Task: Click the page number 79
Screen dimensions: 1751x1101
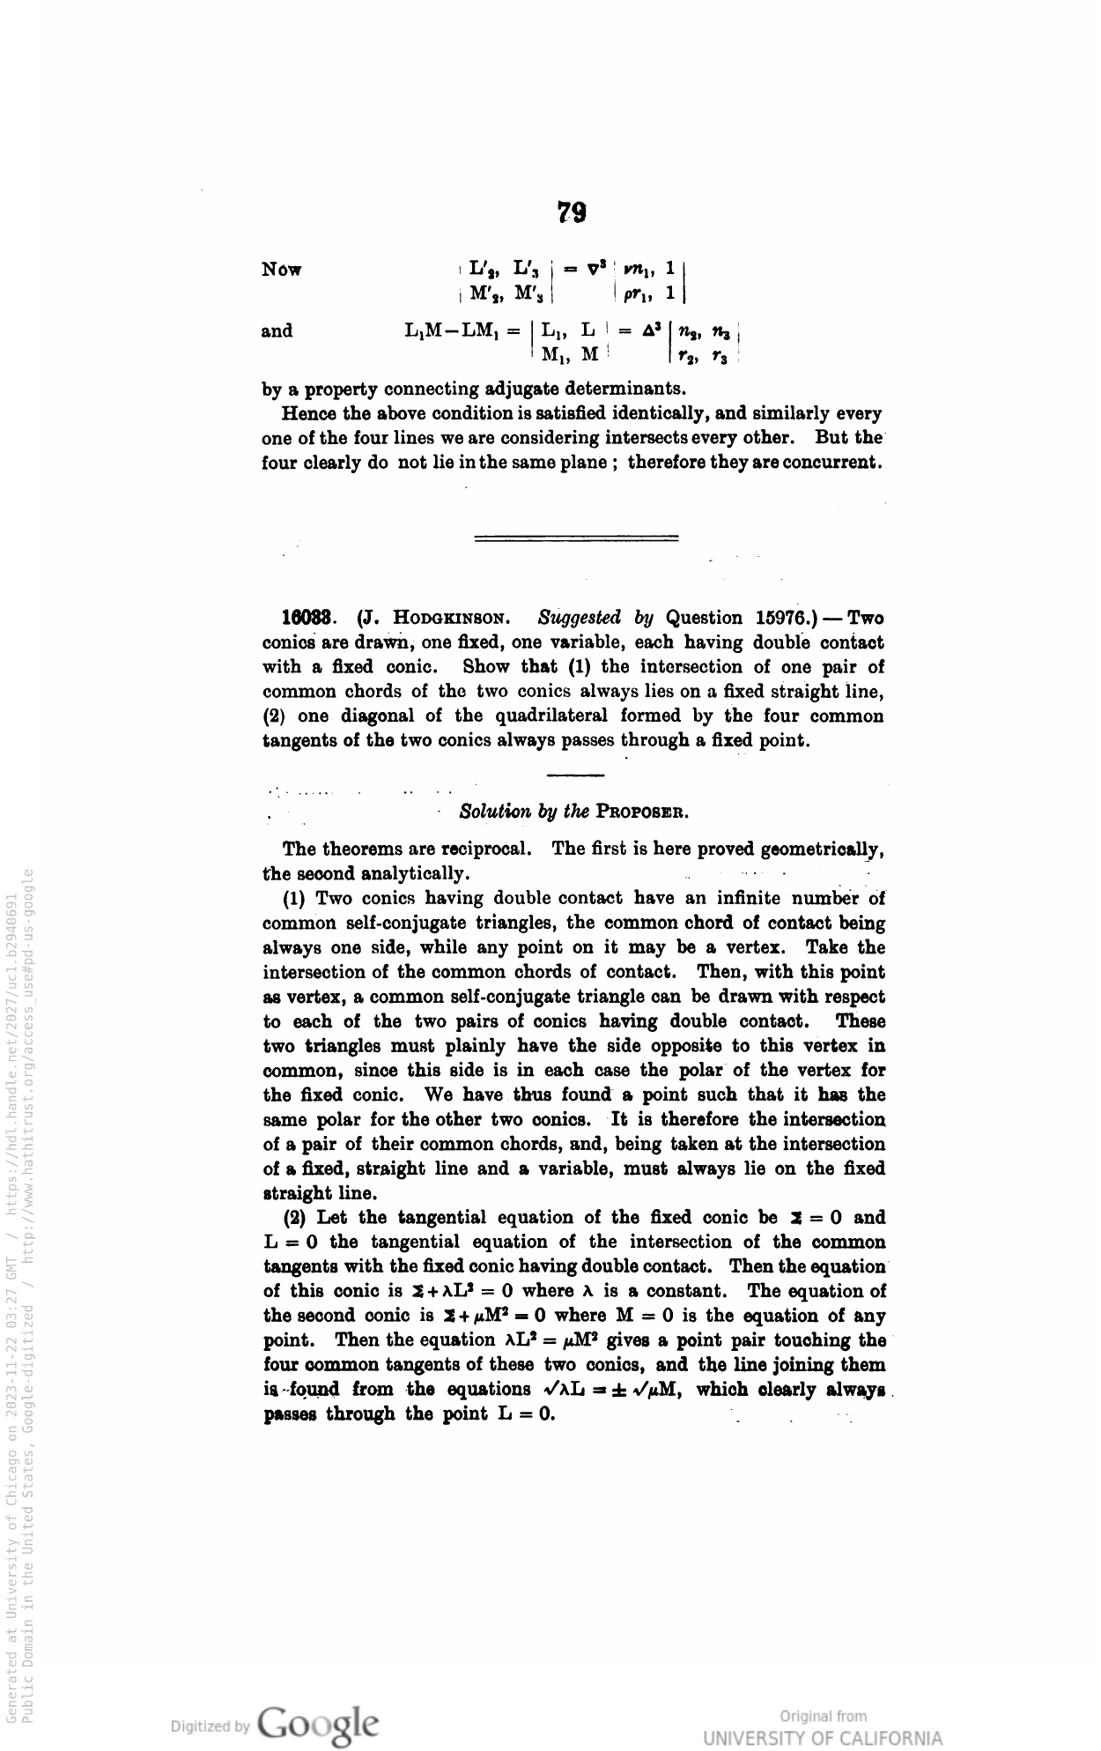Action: tap(573, 212)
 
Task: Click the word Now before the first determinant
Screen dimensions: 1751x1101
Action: tap(282, 269)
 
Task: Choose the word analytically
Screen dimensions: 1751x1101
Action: tap(416, 874)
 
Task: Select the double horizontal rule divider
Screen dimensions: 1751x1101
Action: tap(576, 538)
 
